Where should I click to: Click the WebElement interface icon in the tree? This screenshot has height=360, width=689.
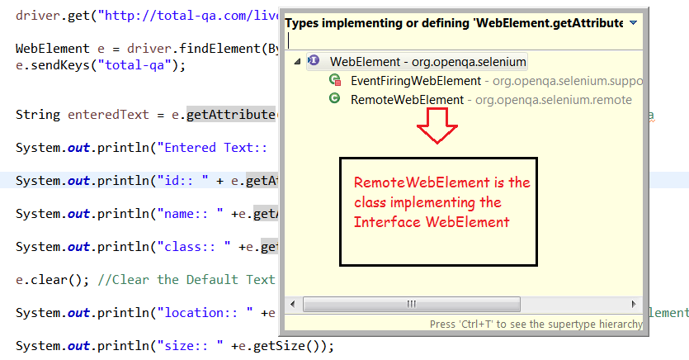click(314, 61)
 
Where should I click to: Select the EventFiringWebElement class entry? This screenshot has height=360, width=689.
click(415, 81)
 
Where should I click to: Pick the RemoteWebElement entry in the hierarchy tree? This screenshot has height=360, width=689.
click(407, 100)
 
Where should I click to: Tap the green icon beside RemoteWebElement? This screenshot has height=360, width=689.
click(335, 99)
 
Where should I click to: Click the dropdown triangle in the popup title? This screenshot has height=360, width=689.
click(633, 23)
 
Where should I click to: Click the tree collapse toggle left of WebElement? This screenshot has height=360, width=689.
click(297, 62)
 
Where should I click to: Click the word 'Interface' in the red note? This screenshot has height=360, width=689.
click(382, 222)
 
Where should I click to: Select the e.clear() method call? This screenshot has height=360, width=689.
click(45, 279)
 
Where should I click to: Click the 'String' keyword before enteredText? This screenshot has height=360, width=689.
click(37, 114)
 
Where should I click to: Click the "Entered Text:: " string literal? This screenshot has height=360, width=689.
click(218, 148)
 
